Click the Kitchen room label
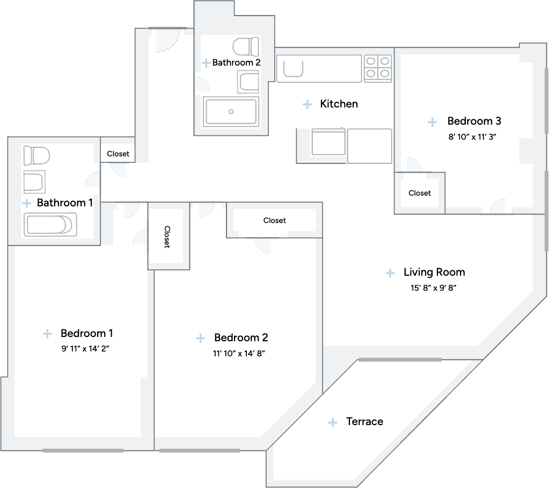click(339, 104)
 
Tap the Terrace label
click(364, 421)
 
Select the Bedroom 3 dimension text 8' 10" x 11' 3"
click(472, 137)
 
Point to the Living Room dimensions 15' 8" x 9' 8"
click(434, 288)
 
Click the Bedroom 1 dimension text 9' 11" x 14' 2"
click(85, 348)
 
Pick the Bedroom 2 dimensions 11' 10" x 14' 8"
click(239, 354)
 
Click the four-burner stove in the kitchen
click(378, 68)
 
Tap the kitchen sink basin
click(293, 69)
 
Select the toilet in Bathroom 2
click(246, 47)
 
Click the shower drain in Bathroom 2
click(231, 112)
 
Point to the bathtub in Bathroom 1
click(50, 225)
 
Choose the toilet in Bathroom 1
click(36, 156)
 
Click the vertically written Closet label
click(167, 237)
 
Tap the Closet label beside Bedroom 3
click(420, 193)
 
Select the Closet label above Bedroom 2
click(275, 220)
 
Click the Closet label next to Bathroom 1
click(118, 154)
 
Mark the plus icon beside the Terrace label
click(333, 422)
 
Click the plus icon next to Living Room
click(390, 273)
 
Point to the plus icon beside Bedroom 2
click(200, 338)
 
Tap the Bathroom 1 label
click(65, 203)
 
